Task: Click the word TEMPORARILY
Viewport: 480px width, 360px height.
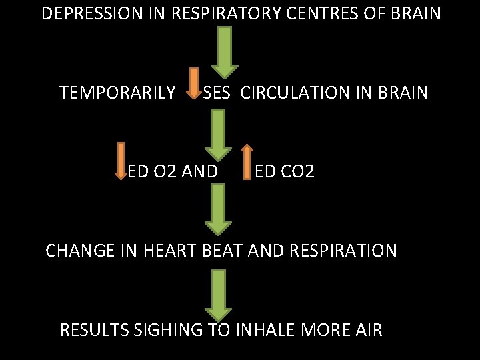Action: pos(117,93)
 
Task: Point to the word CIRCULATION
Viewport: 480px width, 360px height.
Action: pos(309,93)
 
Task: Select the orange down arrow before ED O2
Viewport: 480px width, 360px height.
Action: pos(121,161)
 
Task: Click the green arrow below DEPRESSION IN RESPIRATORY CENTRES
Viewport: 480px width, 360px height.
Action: pos(225,51)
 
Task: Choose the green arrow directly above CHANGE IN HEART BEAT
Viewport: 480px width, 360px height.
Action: pos(219,209)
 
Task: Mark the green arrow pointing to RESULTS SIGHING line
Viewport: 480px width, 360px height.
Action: pos(219,294)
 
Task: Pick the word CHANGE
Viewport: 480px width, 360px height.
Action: pos(78,251)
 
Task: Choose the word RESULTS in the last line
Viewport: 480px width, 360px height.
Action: pos(94,329)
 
